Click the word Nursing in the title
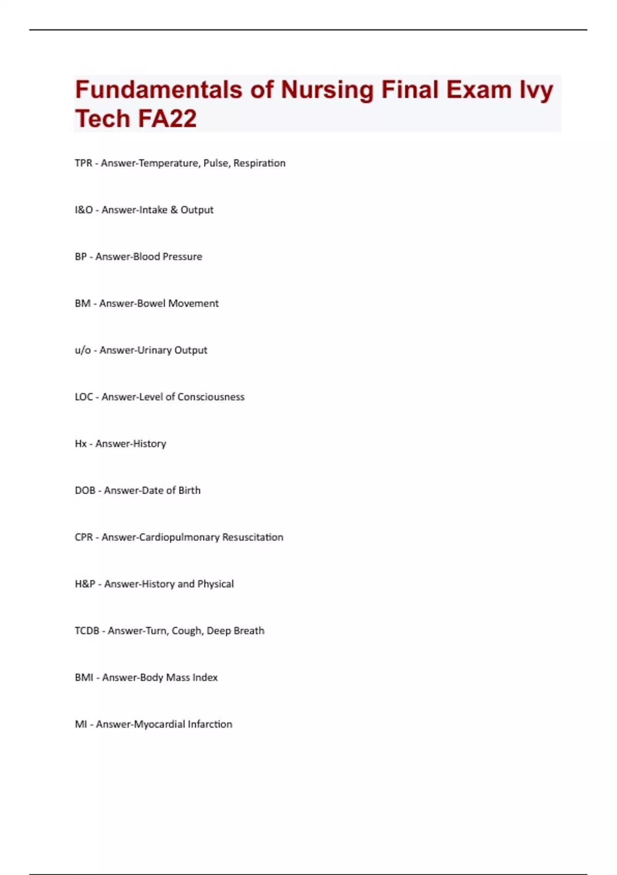(x=327, y=91)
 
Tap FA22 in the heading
(x=167, y=119)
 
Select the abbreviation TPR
(x=83, y=163)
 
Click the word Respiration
(x=259, y=163)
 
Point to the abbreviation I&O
(x=84, y=210)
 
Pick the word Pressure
(x=182, y=257)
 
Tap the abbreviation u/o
(x=83, y=351)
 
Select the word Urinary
(x=155, y=351)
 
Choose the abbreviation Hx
(x=81, y=444)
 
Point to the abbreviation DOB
(x=85, y=491)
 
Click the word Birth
(x=189, y=491)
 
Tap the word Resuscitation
(x=252, y=537)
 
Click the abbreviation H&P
(x=85, y=584)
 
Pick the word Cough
(x=187, y=631)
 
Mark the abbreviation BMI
(x=84, y=678)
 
